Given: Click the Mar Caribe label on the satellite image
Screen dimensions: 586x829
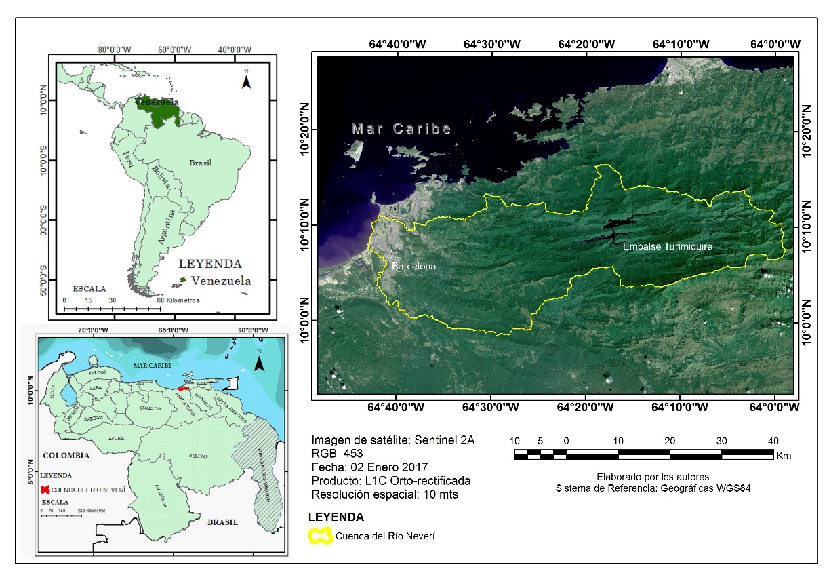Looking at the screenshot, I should click(x=401, y=129).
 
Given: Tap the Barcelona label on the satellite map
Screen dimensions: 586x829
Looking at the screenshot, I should click(x=413, y=267).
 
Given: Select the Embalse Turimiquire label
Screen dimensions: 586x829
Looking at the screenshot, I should click(x=667, y=247).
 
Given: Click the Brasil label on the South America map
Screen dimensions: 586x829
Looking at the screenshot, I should click(x=201, y=163).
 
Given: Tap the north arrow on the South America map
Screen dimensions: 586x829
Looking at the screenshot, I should click(x=247, y=80).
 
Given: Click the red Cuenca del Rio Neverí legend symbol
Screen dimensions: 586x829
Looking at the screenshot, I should click(x=45, y=489).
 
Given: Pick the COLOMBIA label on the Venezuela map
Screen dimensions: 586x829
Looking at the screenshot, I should click(x=66, y=455).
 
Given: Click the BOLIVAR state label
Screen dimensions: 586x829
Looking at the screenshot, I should click(x=199, y=456).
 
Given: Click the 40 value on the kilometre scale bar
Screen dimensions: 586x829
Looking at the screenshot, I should click(x=773, y=440).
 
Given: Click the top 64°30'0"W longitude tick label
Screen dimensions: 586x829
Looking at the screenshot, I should click(x=491, y=44).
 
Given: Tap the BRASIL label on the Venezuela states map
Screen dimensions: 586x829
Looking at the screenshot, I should click(x=223, y=522).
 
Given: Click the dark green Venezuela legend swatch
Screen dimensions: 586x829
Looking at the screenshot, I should click(x=182, y=280).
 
